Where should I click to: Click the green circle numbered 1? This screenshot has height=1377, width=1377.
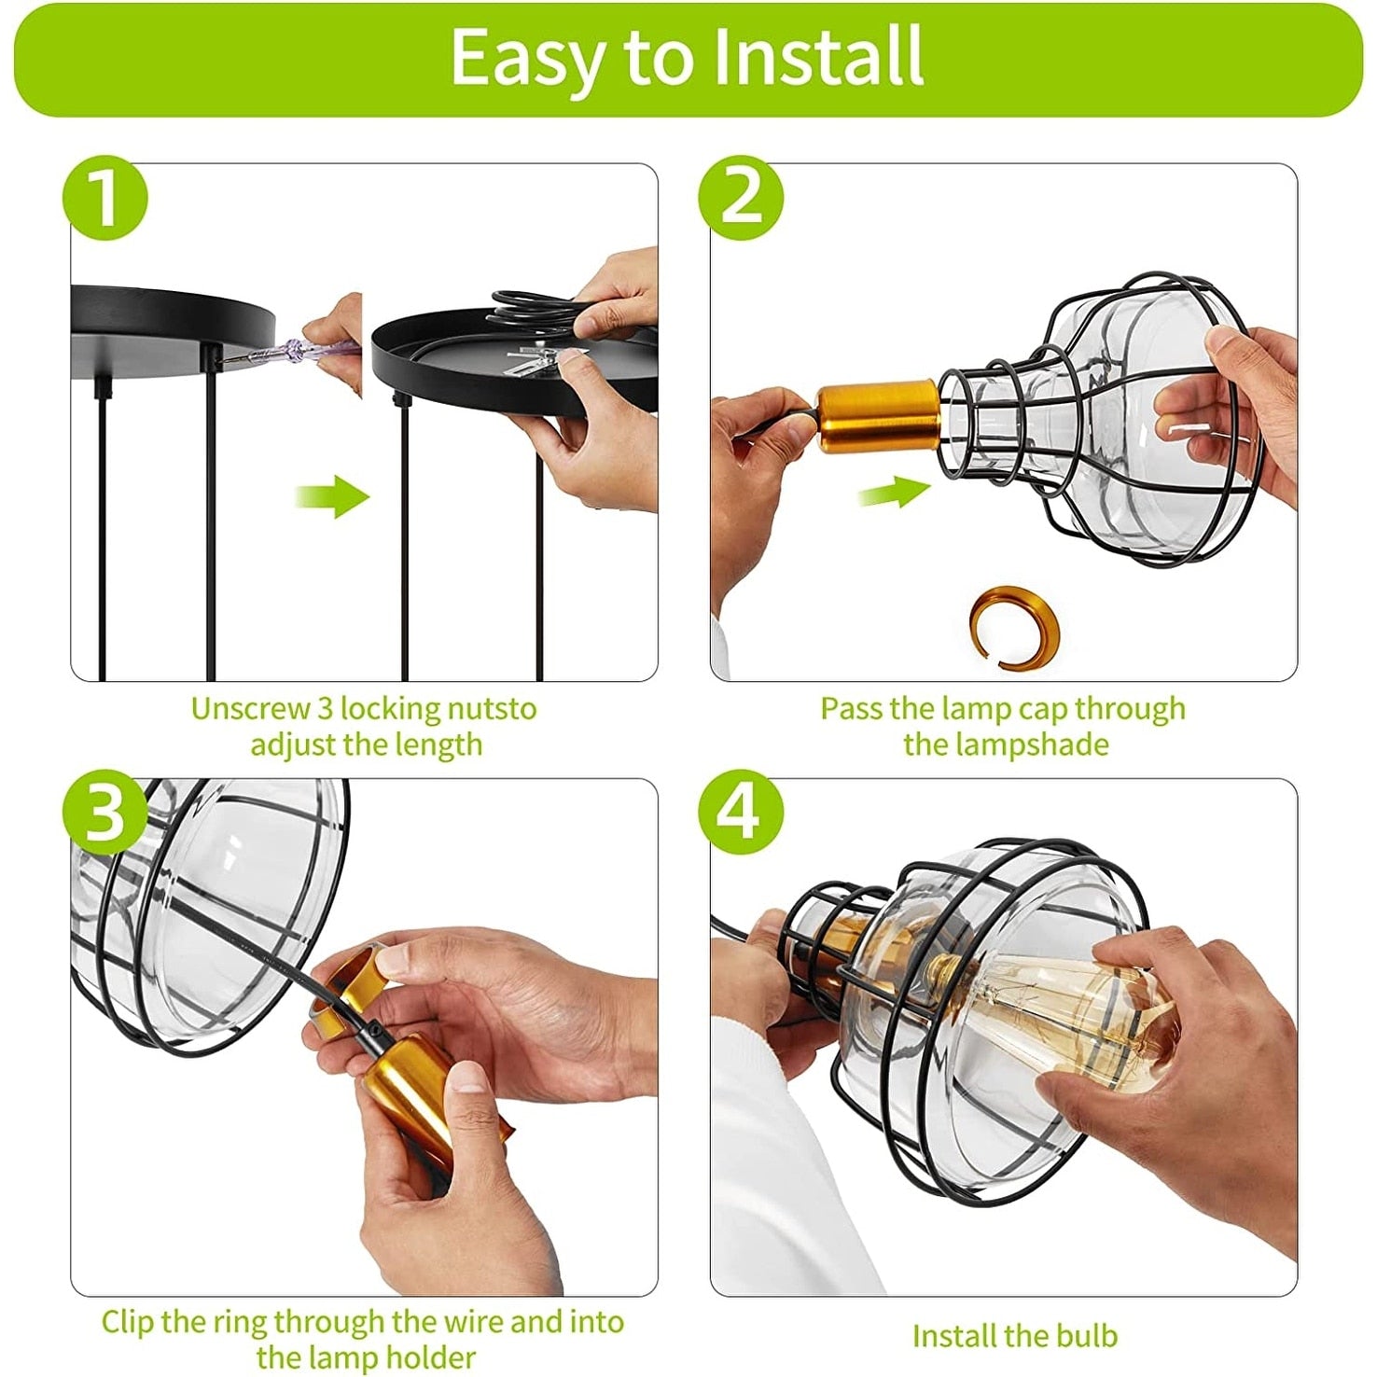[105, 198]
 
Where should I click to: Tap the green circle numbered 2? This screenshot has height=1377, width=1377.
[742, 198]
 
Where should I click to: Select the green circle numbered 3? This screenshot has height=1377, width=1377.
[105, 812]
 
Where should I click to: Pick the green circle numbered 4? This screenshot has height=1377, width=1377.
[742, 812]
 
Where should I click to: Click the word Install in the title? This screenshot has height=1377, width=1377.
[818, 57]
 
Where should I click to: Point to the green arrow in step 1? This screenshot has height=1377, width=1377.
[333, 495]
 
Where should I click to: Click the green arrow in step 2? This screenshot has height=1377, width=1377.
[894, 491]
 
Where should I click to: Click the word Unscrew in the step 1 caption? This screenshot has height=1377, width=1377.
[250, 709]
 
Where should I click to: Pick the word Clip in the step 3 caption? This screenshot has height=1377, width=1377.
[128, 1322]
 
